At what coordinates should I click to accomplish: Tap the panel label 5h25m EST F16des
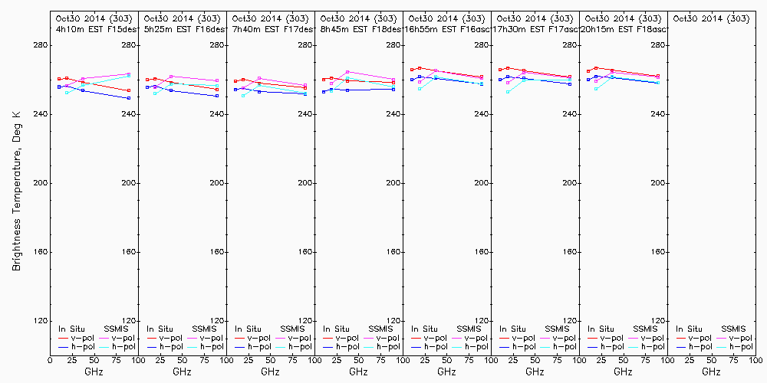click(182, 28)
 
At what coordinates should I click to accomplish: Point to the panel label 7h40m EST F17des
click(270, 28)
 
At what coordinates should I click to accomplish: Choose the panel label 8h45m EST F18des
click(358, 28)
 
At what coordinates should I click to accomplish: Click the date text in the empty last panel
click(711, 18)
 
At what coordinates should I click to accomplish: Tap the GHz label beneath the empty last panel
click(711, 372)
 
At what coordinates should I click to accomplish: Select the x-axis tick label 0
click(50, 360)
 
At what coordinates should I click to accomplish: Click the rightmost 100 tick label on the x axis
click(755, 360)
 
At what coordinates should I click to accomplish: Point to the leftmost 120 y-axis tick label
click(41, 321)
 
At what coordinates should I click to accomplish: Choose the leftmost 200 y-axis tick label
click(41, 183)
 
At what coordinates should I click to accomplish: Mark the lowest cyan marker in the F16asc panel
click(420, 89)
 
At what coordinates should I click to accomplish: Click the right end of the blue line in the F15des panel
click(129, 98)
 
